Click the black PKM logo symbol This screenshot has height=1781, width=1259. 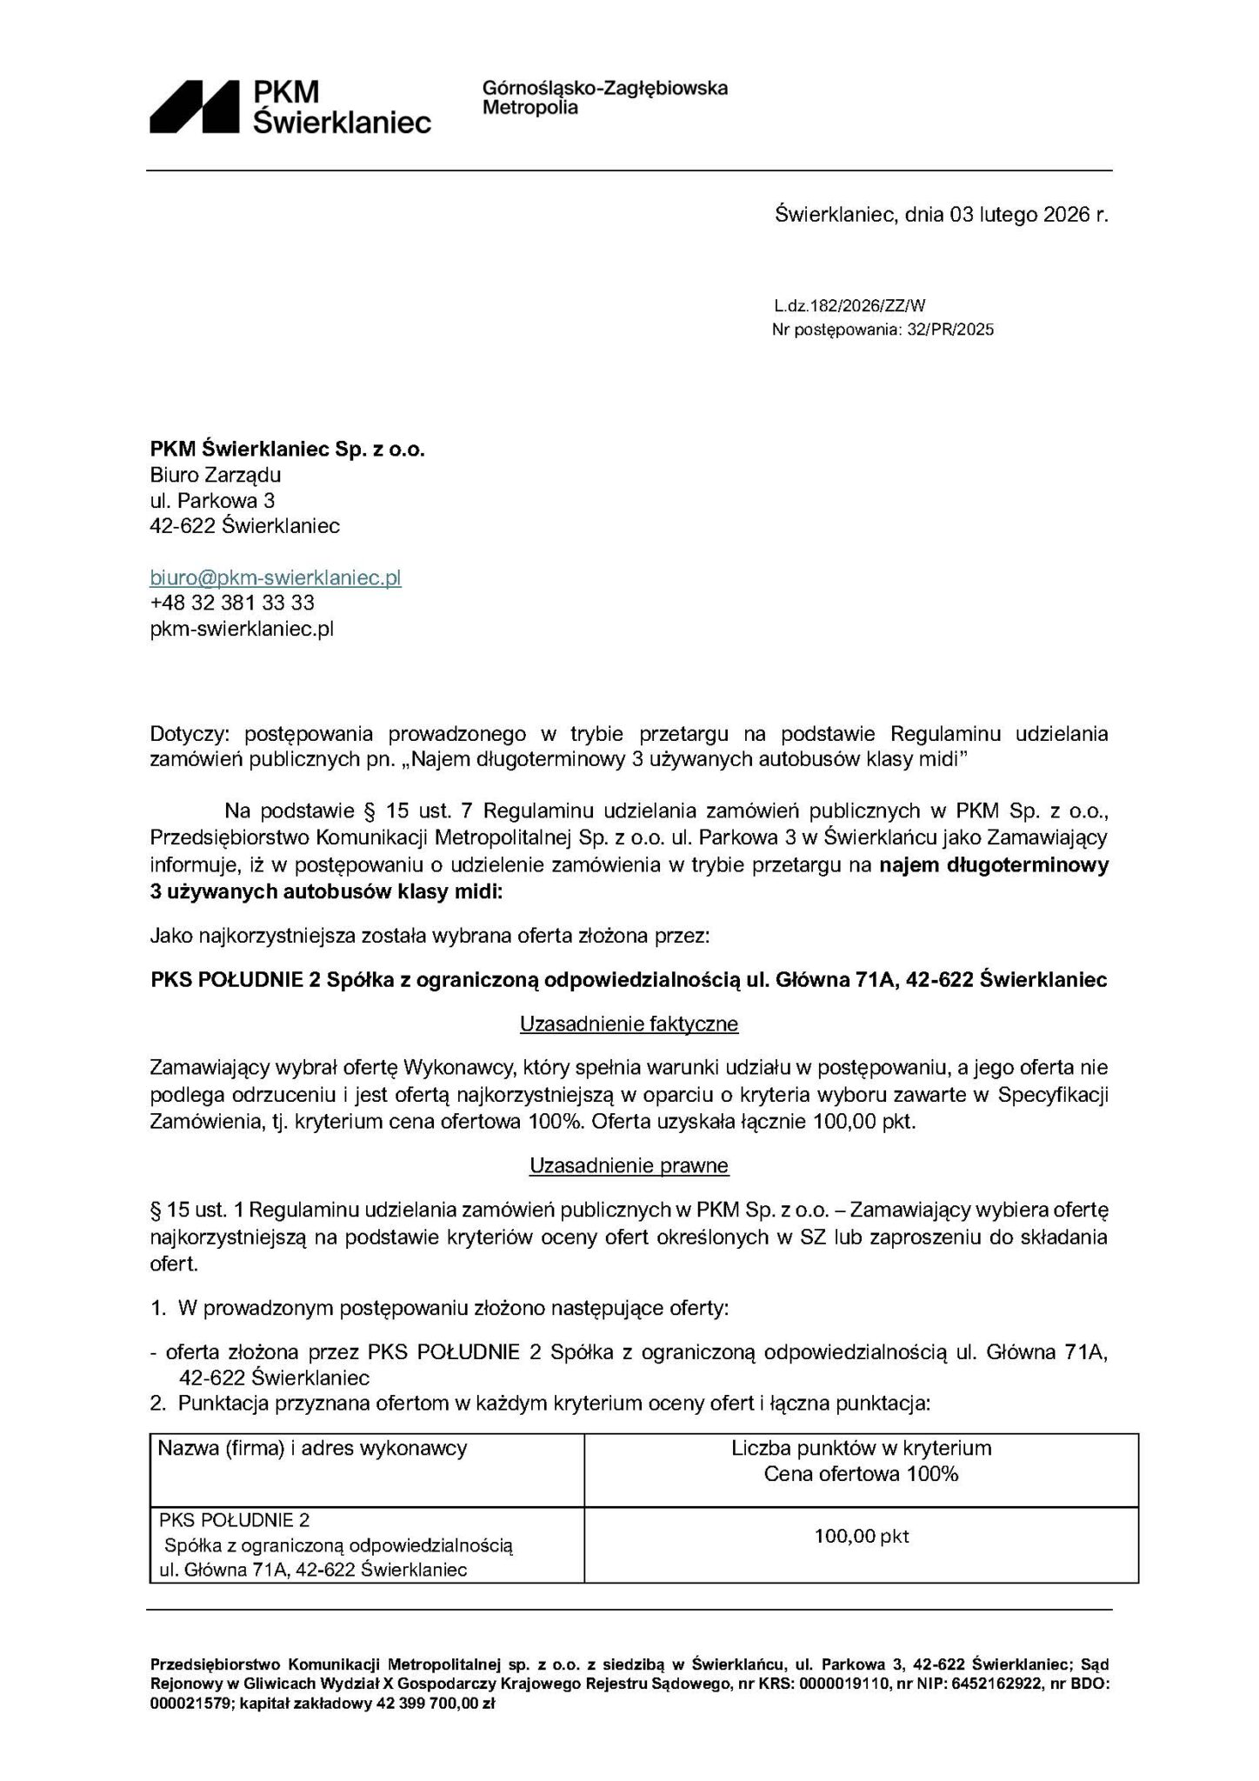coord(194,106)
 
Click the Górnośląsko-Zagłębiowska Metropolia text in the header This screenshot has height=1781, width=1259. coord(604,97)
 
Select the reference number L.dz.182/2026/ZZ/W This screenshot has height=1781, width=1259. coord(849,305)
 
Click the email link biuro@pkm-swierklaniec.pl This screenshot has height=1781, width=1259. coord(276,577)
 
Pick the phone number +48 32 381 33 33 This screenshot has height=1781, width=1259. coord(232,603)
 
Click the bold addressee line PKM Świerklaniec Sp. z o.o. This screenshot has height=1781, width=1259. coord(288,450)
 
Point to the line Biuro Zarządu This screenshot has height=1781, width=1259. coord(216,475)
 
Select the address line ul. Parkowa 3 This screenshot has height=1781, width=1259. coord(213,500)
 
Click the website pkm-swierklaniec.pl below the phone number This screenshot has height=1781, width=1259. coord(242,629)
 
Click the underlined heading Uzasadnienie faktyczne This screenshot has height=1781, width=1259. coord(629,1024)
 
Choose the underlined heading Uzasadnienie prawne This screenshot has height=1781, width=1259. coord(629,1165)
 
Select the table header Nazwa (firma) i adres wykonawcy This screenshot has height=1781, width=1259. coord(312,1448)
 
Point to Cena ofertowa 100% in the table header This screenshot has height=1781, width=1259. coord(861,1474)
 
